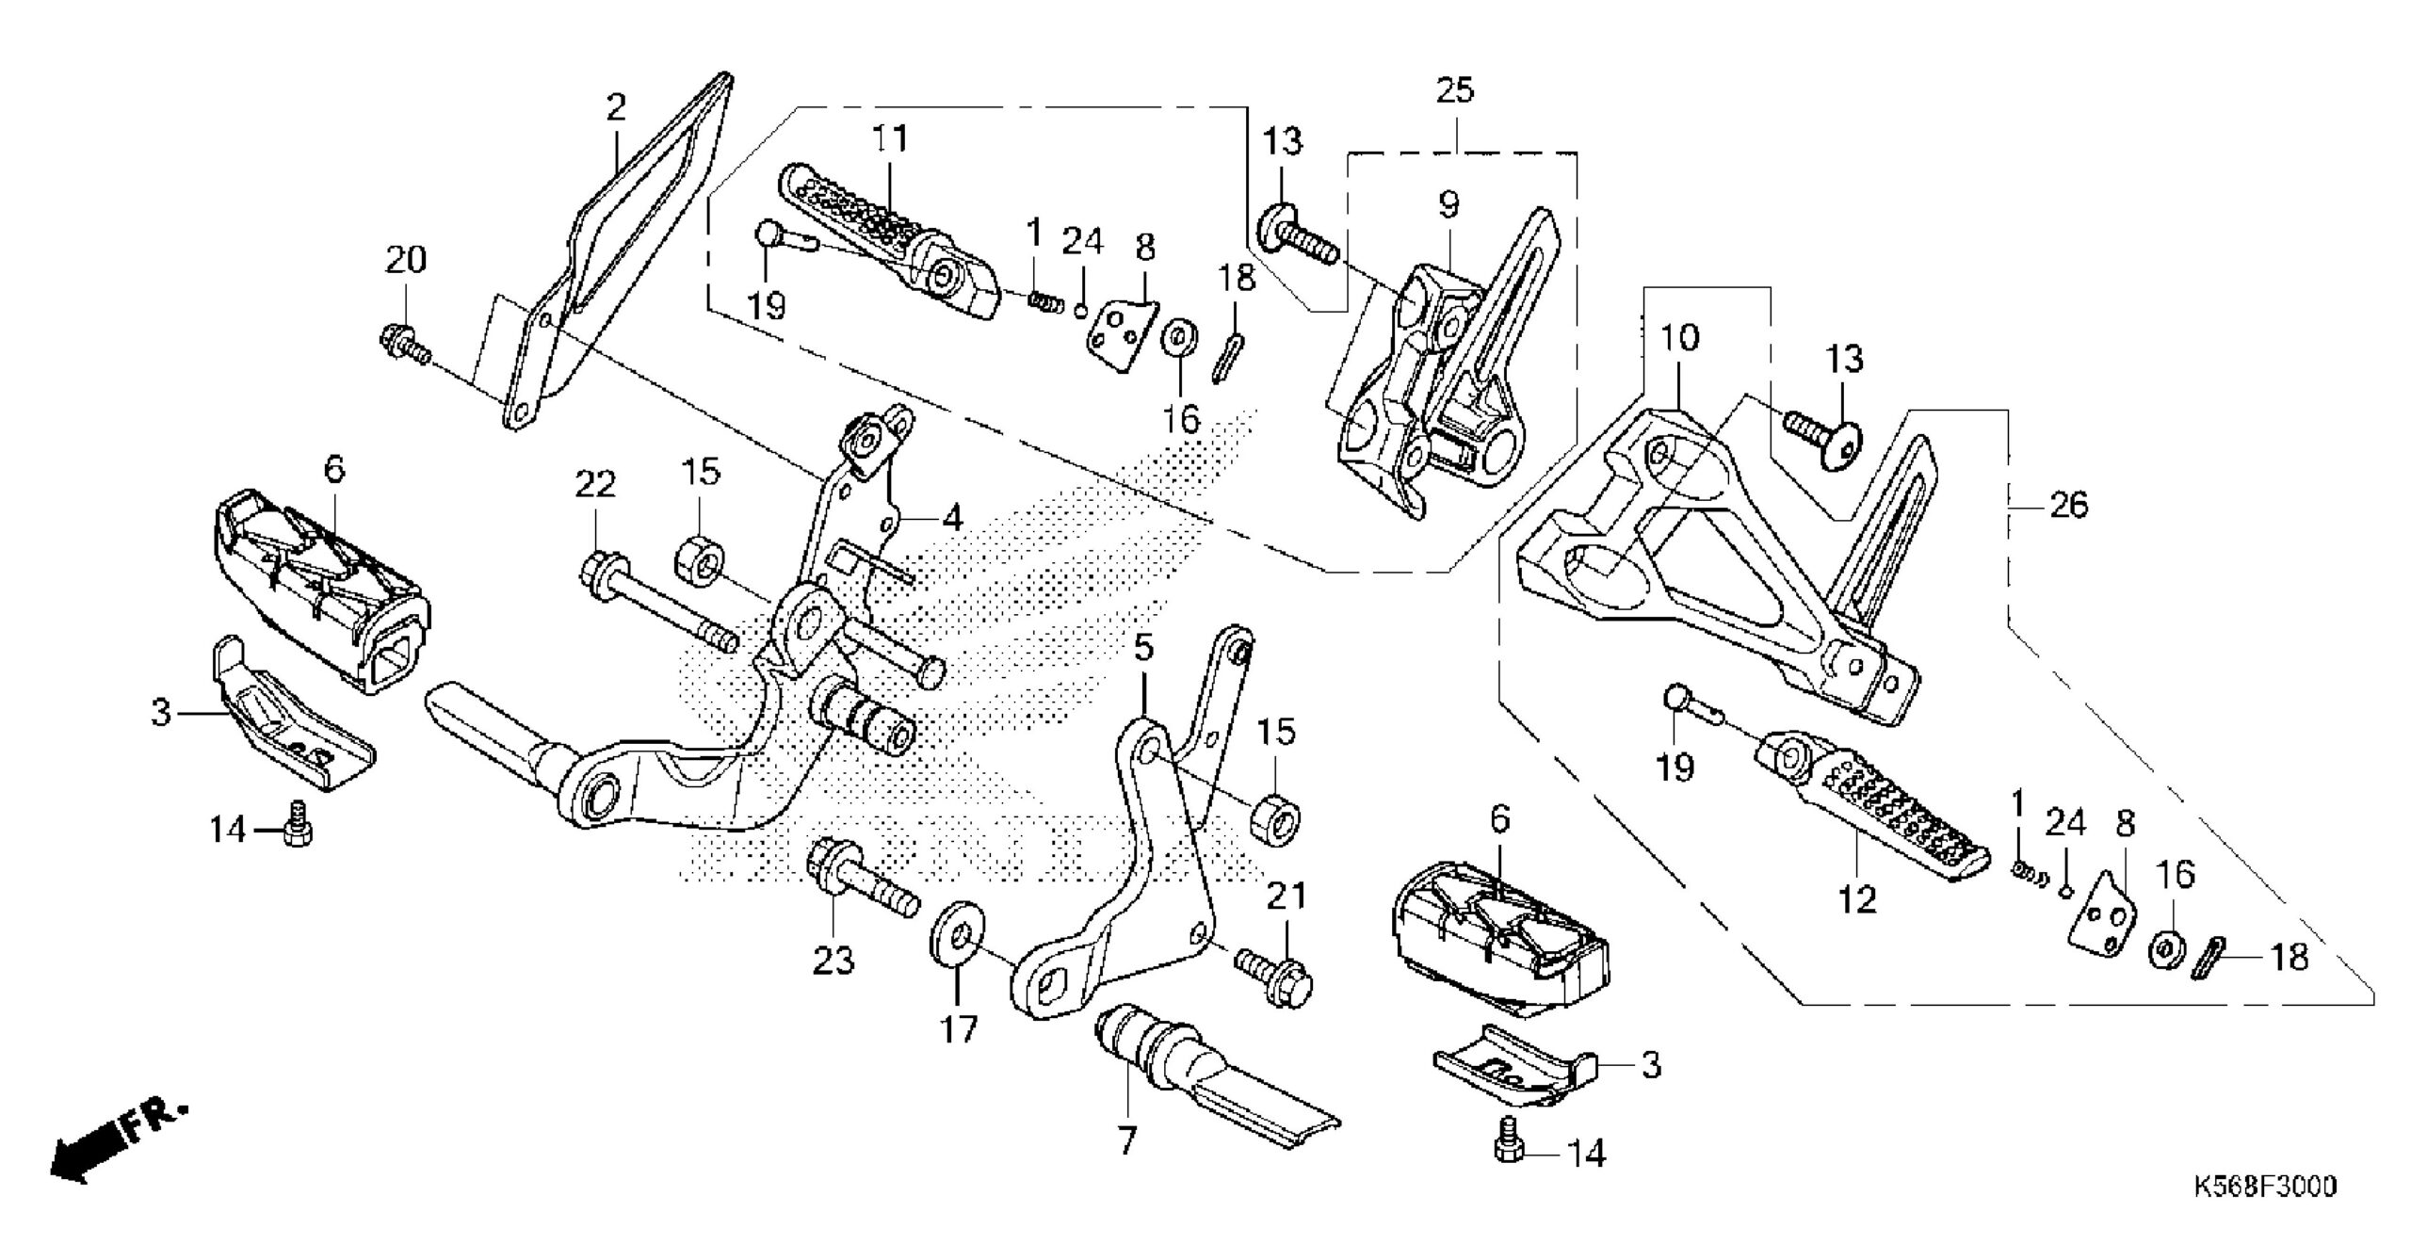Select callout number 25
tap(1454, 91)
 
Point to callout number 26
tap(2068, 506)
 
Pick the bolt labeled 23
tap(859, 880)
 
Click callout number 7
tap(1126, 1141)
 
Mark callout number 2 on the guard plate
tap(615, 107)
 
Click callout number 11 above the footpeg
tap(889, 138)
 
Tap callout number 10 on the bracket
tap(1679, 338)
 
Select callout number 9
tap(1448, 203)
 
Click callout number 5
tap(1142, 649)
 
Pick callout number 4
tap(952, 517)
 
